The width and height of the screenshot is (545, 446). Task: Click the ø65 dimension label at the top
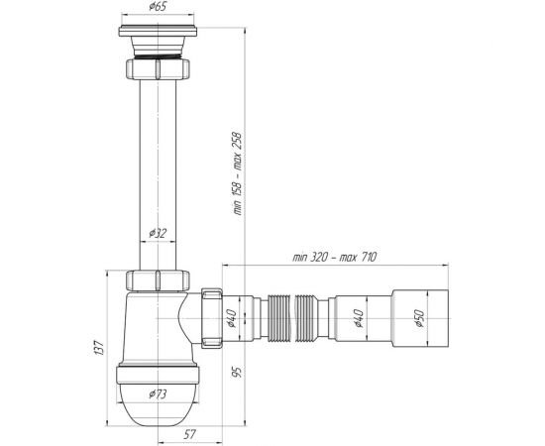(x=158, y=6)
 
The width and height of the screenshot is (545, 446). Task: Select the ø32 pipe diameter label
(x=158, y=233)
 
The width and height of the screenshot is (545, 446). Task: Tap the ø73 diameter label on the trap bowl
(x=158, y=394)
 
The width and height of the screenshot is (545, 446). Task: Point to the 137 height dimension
(x=99, y=348)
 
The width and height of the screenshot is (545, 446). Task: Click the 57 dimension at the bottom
(x=189, y=434)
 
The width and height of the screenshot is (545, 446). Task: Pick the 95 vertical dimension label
(x=237, y=372)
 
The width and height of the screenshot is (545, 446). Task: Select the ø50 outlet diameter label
(x=419, y=318)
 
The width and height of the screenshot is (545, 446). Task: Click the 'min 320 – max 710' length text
(x=334, y=258)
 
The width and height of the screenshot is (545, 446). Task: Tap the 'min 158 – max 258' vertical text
(x=238, y=173)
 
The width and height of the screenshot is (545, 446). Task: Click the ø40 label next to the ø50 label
(x=359, y=318)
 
